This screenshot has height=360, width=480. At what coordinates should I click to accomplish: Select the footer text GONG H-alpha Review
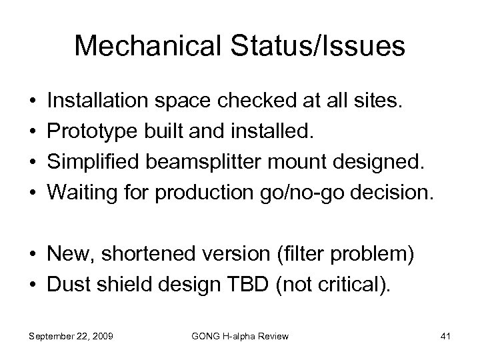pyautogui.click(x=240, y=337)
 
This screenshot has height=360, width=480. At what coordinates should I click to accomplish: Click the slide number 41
pyautogui.click(x=445, y=337)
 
